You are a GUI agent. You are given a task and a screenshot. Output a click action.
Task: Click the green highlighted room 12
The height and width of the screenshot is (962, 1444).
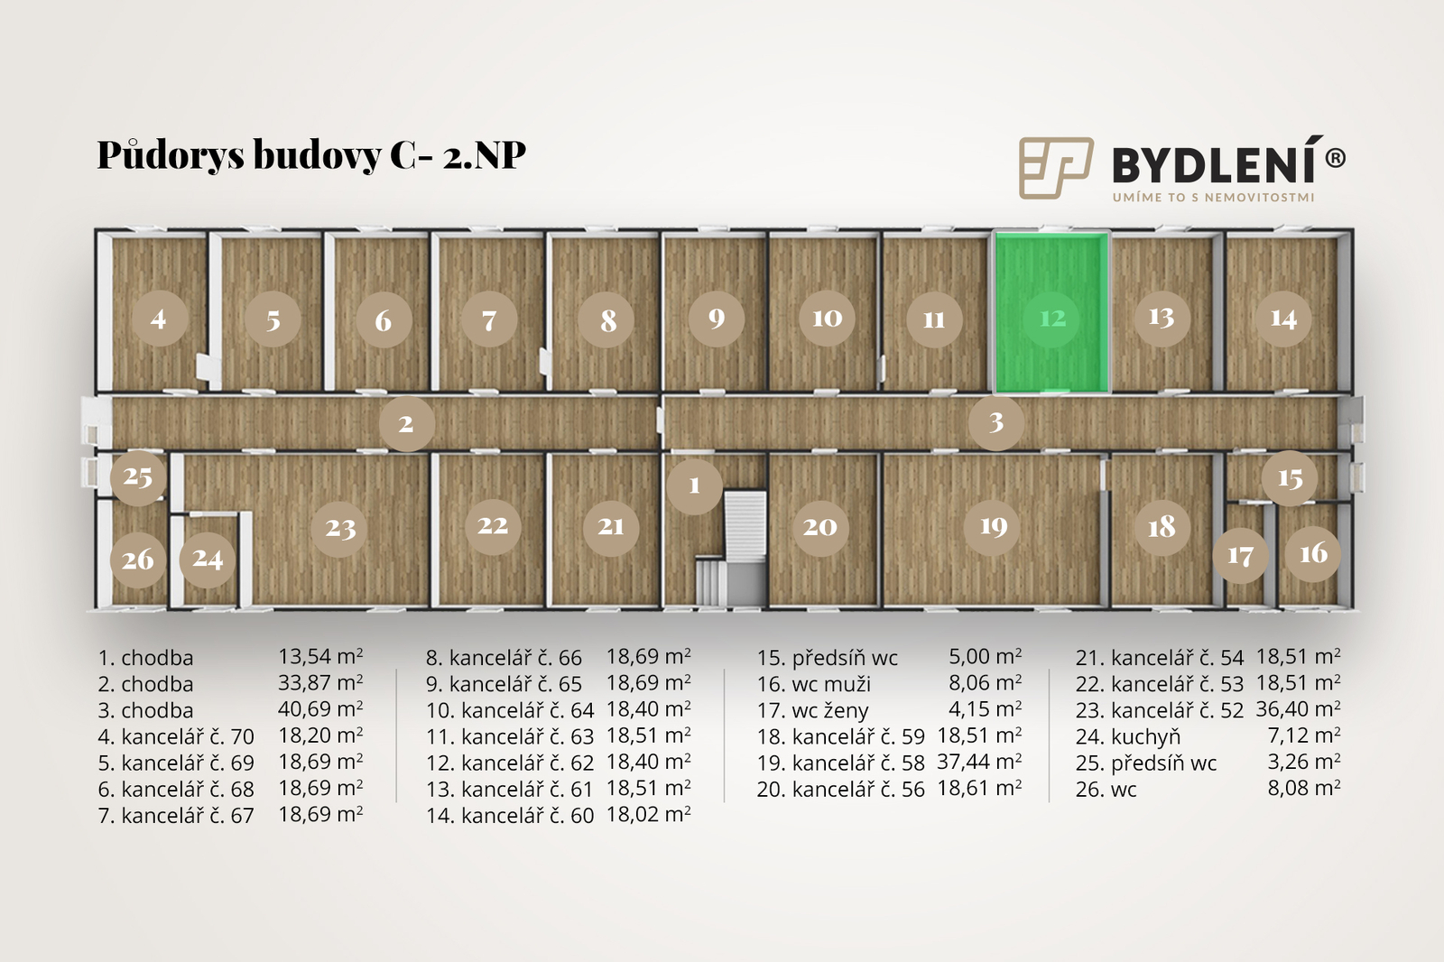(1051, 312)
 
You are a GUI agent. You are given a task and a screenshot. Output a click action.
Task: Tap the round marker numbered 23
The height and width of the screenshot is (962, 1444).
(339, 529)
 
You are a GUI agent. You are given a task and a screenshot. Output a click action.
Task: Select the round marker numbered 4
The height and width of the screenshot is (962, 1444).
(159, 319)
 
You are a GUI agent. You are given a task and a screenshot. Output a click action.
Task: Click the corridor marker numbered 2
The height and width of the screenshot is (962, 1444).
(406, 423)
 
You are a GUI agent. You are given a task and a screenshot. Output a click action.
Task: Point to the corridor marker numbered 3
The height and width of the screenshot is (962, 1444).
(996, 422)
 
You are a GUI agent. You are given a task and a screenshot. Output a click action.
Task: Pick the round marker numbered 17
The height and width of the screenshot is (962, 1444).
(1240, 555)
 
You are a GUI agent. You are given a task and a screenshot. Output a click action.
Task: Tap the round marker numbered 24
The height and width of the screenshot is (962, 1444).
(207, 559)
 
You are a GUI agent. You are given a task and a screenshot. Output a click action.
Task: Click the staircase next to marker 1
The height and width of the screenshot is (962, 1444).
(733, 548)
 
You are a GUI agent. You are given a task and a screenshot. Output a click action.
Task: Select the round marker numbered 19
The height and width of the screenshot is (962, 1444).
(993, 527)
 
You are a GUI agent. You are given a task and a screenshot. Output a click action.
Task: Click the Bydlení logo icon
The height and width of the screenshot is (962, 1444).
(1056, 168)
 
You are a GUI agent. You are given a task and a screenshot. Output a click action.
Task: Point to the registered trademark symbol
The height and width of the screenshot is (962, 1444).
(1335, 158)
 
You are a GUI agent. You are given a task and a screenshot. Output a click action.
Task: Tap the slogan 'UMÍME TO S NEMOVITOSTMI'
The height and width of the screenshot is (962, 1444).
(1213, 198)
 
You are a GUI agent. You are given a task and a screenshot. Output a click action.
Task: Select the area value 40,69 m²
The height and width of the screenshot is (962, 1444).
(320, 709)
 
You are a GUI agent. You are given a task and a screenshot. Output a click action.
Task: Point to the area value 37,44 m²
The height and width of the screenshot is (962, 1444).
(979, 763)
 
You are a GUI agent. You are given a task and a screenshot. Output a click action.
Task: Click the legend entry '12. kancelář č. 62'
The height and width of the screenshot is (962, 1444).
(510, 763)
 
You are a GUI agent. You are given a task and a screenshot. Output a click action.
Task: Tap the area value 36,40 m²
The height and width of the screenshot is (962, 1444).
(1299, 709)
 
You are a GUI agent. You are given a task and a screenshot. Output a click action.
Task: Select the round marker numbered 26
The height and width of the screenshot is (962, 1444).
(138, 560)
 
